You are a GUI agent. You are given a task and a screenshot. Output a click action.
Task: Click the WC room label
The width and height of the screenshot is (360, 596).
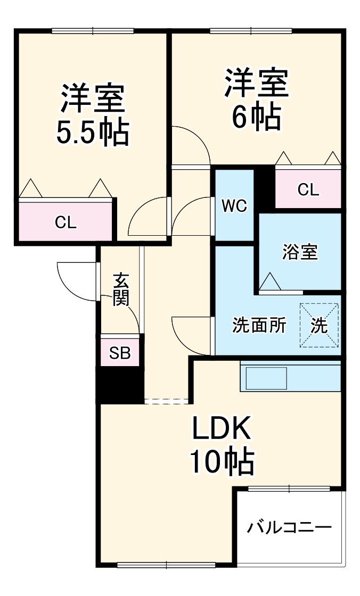click(234, 206)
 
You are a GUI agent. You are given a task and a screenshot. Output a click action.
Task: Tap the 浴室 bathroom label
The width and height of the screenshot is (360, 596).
click(300, 252)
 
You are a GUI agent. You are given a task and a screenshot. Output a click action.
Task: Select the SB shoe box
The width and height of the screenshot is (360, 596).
click(120, 353)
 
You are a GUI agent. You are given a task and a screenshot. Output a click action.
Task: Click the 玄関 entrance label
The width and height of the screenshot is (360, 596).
click(121, 289)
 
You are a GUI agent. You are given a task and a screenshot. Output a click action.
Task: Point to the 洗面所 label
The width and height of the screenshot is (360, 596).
click(259, 325)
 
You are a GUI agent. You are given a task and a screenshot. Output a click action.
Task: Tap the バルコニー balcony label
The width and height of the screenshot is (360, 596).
click(289, 527)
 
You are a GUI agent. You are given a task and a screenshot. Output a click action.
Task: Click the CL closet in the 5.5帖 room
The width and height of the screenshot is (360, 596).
click(66, 222)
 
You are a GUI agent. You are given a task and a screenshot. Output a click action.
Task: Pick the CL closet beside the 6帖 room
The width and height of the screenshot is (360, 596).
click(308, 189)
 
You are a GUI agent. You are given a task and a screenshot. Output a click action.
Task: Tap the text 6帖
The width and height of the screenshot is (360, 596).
click(256, 118)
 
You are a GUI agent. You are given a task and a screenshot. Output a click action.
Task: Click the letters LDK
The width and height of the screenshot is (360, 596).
click(221, 429)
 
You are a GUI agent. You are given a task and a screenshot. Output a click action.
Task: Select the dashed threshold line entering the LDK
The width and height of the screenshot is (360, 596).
click(167, 400)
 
